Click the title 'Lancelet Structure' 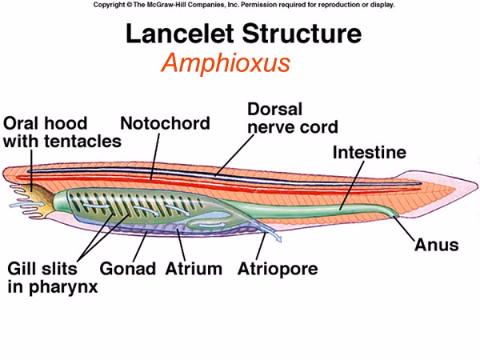point(243,34)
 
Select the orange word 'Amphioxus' point(225,63)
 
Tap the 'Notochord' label point(165,123)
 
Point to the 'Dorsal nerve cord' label point(292,117)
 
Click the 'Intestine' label point(369,152)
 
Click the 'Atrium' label point(194,269)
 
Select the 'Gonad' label point(128,269)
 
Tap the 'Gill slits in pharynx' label point(52,277)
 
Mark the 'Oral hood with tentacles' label point(62,132)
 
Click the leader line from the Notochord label point(152,156)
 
